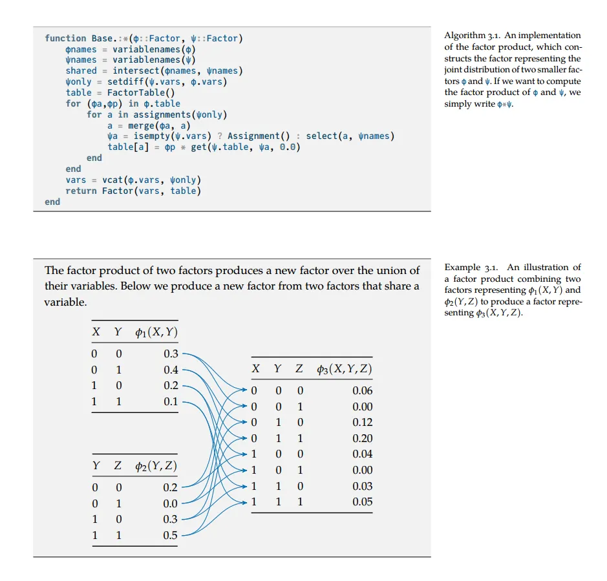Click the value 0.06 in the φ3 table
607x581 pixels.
pyautogui.click(x=362, y=390)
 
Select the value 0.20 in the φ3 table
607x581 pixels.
pyautogui.click(x=362, y=438)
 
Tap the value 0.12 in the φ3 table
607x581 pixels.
pyautogui.click(x=362, y=422)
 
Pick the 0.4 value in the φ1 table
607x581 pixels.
pyautogui.click(x=171, y=370)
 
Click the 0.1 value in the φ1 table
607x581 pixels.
pyautogui.click(x=171, y=401)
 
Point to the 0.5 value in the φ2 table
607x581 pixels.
pyautogui.click(x=171, y=535)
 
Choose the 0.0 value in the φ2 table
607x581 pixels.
pyautogui.click(x=171, y=503)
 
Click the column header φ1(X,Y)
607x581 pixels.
pyautogui.click(x=156, y=333)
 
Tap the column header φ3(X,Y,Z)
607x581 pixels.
pyautogui.click(x=344, y=369)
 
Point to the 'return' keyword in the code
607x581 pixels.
pyautogui.click(x=81, y=191)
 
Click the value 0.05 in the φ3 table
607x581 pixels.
pyautogui.click(x=362, y=502)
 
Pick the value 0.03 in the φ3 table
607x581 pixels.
pyautogui.click(x=362, y=486)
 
